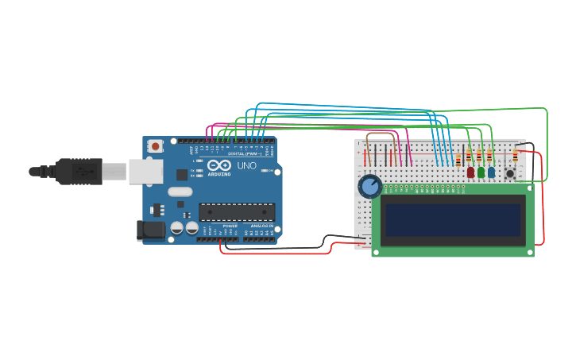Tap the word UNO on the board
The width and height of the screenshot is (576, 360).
247,166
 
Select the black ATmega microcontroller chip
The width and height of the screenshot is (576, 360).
237,212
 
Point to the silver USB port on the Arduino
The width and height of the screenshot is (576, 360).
146,171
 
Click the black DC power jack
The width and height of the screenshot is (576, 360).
151,230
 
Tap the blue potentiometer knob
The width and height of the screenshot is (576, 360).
369,187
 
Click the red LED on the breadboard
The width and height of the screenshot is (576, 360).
470,172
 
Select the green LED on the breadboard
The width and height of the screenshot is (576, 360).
481,172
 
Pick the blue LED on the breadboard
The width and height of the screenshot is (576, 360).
491,172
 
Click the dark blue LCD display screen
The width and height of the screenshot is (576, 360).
453,220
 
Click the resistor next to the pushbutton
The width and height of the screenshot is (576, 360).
515,157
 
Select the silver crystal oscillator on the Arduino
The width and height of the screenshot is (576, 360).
180,192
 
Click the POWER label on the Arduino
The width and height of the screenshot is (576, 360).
230,226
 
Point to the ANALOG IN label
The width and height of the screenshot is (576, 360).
261,226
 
